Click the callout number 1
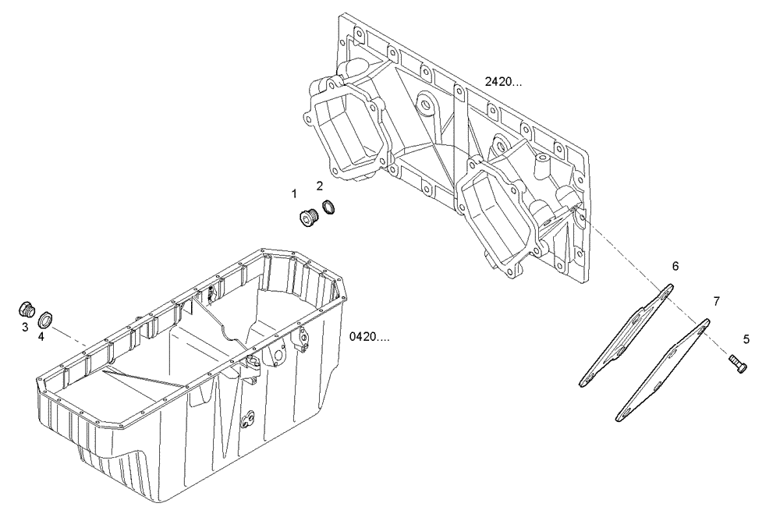[294, 192]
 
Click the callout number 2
[320, 185]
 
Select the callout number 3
[25, 327]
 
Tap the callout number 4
[41, 337]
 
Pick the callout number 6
[675, 266]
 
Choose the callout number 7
[716, 299]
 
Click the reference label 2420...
[503, 81]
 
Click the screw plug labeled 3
[27, 308]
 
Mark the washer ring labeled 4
[47, 318]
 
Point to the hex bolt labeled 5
[738, 362]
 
